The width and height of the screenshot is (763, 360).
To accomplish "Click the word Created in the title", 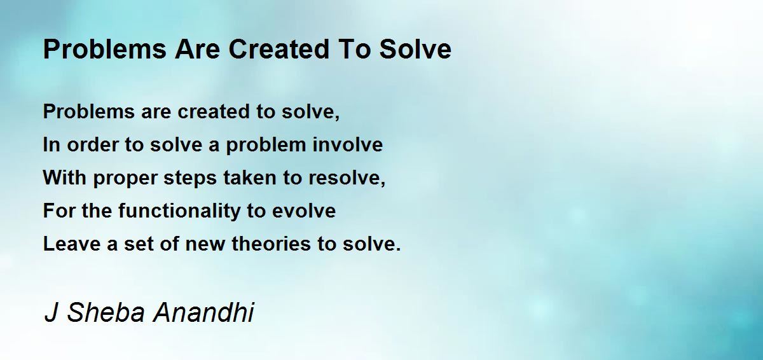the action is coord(279,49).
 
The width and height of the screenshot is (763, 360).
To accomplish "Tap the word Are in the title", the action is coord(198,49).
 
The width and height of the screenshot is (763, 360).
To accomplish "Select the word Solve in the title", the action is coord(415,49).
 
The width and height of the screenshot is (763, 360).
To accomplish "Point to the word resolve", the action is coord(347,178).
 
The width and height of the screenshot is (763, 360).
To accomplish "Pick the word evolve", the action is coord(304,211).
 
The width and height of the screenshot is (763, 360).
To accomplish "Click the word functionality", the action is coord(179,211).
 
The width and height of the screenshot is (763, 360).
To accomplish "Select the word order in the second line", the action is coord(92,144).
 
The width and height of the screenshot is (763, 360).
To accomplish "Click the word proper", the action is coord(125,179).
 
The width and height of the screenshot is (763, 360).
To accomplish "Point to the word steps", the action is coord(190,179).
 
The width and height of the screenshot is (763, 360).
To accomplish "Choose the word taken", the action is coord(250,178).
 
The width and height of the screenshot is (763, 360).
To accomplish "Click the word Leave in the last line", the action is coord(72,244).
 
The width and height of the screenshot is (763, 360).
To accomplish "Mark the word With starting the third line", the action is coord(65,178).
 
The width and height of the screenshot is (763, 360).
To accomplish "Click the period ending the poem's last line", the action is coord(399,250).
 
